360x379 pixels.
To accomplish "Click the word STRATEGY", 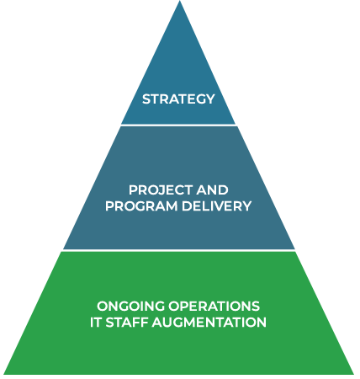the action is pos(178,99).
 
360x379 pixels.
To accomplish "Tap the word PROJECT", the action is pos(161,190).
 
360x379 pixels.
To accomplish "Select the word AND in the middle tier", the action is pos(212,190).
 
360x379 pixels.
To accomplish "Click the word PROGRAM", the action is pos(141,206).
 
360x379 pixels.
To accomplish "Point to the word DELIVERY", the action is pos(216,206).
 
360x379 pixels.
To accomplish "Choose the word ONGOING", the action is pos(131,306).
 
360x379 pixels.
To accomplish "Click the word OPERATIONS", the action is pos(214,306).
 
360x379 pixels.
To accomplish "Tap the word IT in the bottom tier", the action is pos(96,322).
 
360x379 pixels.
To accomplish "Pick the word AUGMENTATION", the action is pos(209,322).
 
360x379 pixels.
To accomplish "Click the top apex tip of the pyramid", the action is pos(180,1).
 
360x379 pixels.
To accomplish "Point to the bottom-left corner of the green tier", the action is pos(4,374).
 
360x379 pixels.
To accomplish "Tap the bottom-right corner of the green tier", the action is pos(354,374).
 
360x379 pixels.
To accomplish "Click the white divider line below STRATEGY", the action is pos(178,125).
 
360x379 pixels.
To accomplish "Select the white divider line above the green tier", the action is pos(179,250).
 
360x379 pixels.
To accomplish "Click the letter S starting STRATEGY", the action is pos(146,99).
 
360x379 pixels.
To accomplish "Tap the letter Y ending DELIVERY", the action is pos(246,206).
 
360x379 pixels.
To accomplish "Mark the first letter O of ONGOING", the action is pos(103,306).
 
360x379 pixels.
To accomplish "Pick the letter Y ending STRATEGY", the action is pos(209,99).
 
